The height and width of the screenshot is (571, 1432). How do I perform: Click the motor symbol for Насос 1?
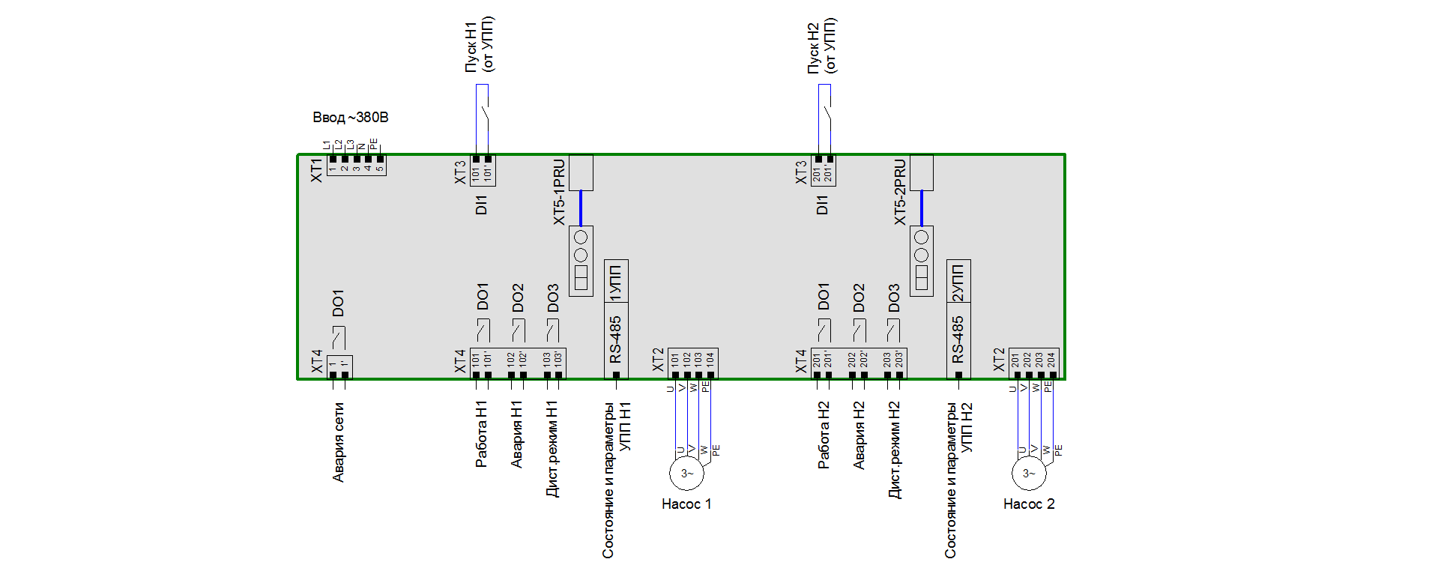pyautogui.click(x=686, y=474)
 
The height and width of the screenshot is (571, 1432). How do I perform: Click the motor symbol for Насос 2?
pyautogui.click(x=1028, y=474)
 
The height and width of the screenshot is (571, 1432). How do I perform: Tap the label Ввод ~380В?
pyautogui.click(x=350, y=118)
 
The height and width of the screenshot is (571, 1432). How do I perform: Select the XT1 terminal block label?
pyautogui.click(x=316, y=169)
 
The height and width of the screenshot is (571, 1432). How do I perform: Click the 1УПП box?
pyautogui.click(x=616, y=282)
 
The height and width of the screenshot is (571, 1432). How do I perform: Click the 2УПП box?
pyautogui.click(x=958, y=282)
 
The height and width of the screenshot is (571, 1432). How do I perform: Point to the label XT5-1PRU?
pyautogui.click(x=559, y=192)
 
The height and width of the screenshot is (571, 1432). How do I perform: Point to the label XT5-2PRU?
pyautogui.click(x=901, y=192)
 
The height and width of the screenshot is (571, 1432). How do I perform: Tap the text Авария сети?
pyautogui.click(x=339, y=442)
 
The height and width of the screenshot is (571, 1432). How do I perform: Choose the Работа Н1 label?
pyautogui.click(x=482, y=435)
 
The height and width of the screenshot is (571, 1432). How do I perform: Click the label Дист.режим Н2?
pyautogui.click(x=894, y=450)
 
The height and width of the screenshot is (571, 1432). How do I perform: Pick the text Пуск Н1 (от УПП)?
pyautogui.click(x=480, y=45)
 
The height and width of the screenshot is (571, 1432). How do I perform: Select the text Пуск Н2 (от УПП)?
pyautogui.click(x=822, y=45)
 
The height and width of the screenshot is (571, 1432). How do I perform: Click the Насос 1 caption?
pyautogui.click(x=686, y=504)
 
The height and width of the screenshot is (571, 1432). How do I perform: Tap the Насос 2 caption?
pyautogui.click(x=1029, y=504)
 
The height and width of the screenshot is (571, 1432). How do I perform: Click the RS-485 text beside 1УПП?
pyautogui.click(x=616, y=339)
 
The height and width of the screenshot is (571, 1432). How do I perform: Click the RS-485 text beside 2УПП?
pyautogui.click(x=958, y=339)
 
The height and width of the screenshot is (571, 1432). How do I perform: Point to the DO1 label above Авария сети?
pyautogui.click(x=338, y=303)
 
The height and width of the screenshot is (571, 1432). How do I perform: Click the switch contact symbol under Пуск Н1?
pyautogui.click(x=483, y=116)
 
